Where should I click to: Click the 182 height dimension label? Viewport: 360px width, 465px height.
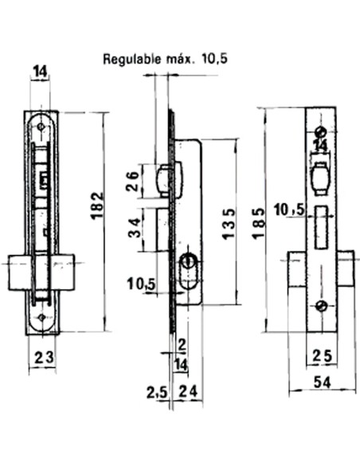point(97,209)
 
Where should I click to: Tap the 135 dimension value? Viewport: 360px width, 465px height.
point(227,222)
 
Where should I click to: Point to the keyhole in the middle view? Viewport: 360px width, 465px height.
point(189,262)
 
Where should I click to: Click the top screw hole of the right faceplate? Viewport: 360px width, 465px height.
point(320,131)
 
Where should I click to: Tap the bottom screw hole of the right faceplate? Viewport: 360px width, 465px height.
point(320,307)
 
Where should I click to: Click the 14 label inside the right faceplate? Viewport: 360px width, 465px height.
point(320,146)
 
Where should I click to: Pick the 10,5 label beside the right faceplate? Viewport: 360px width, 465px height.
point(288,209)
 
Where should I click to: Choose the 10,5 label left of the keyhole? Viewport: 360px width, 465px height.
point(139,284)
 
